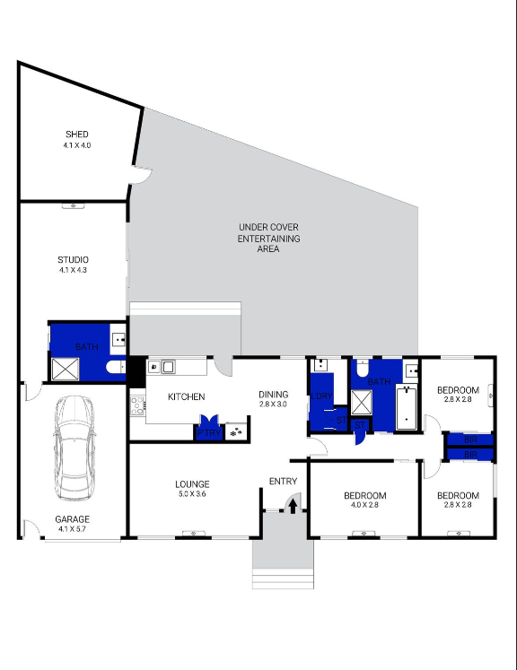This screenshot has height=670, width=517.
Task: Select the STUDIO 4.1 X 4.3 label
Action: [x=73, y=265]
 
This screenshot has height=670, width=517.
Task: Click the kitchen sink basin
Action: [x=167, y=366]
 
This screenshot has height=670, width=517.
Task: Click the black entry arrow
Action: [x=291, y=506]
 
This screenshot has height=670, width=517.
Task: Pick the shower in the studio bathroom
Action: [x=65, y=370]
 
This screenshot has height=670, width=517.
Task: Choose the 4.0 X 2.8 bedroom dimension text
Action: [x=365, y=505]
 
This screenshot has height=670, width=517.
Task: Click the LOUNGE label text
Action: [x=192, y=484]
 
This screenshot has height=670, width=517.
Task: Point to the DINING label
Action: [x=274, y=395]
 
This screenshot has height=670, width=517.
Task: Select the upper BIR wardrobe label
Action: [x=470, y=440]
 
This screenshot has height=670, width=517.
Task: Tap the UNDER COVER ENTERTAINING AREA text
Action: [x=269, y=238]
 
